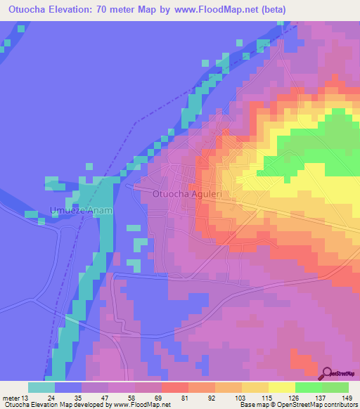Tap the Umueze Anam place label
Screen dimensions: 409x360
coord(82,210)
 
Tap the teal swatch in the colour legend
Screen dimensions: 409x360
coord(41,387)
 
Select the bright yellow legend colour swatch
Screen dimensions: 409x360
coord(281,387)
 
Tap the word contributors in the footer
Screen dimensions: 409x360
coord(341,405)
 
